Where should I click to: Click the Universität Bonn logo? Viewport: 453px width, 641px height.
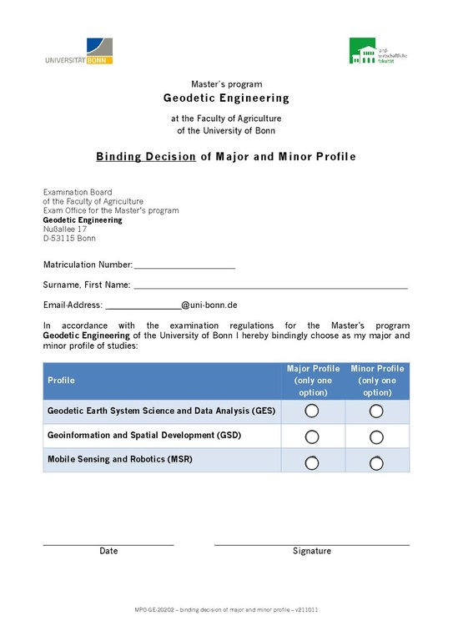point(79,51)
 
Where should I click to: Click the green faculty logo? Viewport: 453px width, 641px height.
point(379,51)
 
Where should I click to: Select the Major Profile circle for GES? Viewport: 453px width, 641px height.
point(312,411)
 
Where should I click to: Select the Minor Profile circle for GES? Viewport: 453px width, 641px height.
point(376,411)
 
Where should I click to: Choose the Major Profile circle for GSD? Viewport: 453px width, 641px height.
point(312,437)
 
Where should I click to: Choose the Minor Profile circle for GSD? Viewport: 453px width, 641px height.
point(376,437)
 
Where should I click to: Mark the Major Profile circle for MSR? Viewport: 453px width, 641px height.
point(312,462)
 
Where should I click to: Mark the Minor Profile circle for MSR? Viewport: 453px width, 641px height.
point(376,462)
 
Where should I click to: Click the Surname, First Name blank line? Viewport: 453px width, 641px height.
point(270,287)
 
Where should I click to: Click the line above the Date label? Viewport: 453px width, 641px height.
point(108,544)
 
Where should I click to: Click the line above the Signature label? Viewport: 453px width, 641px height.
point(311,544)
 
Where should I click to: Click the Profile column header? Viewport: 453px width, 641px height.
point(61,381)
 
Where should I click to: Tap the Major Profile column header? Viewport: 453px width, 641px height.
point(313,381)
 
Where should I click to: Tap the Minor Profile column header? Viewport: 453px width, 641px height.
point(377,381)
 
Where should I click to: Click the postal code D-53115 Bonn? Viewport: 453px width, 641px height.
point(69,239)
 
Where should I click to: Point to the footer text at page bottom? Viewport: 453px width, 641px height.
point(226,611)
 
